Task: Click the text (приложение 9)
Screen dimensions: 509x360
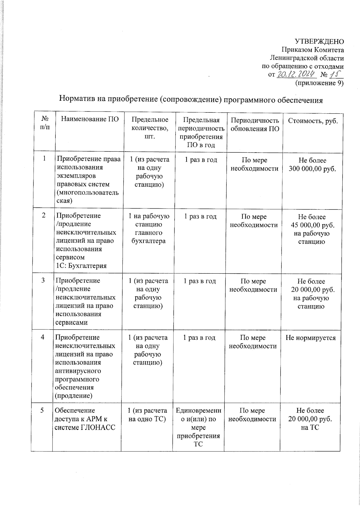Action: pos(319,83)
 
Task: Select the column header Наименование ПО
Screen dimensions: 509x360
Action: pos(90,119)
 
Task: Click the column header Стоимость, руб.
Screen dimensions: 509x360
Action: pos(313,121)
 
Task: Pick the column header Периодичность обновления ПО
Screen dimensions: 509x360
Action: pos(255,125)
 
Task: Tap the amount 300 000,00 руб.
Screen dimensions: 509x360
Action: pos(312,169)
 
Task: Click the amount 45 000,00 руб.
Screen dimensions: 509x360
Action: pos(312,225)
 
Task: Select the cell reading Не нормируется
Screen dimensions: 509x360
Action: pos(310,338)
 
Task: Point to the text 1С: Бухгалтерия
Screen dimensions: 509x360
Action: pos(81,266)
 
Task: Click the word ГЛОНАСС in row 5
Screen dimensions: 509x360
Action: pos(98,427)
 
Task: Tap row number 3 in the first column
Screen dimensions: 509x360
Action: pos(43,280)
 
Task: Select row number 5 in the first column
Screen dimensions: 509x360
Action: pos(42,410)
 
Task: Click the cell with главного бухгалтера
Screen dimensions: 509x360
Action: pos(148,237)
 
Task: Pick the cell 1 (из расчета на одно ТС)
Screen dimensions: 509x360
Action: pos(147,415)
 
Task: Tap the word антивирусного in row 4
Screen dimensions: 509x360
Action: pos(78,371)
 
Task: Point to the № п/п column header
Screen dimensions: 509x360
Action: pos(45,123)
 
